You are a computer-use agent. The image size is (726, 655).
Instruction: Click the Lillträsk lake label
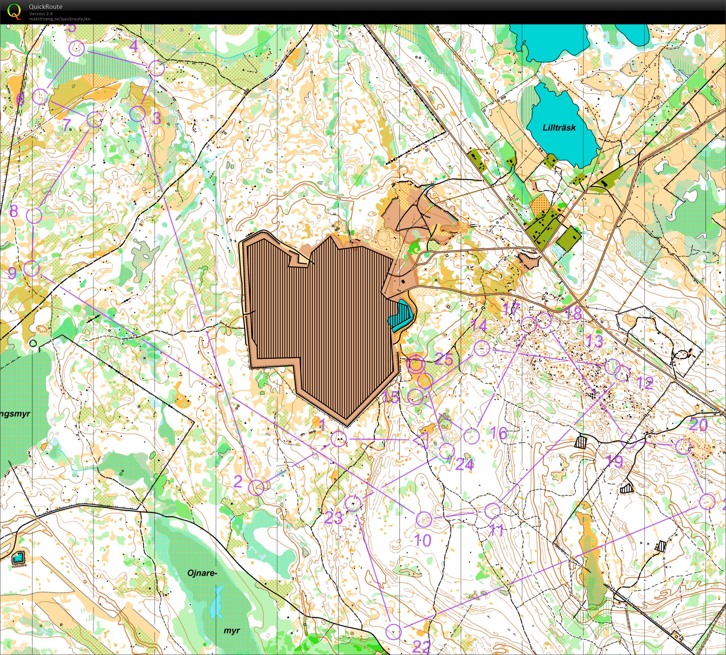[x=559, y=128]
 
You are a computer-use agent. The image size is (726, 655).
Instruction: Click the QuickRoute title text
[x=46, y=7]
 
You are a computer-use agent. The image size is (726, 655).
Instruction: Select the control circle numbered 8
[x=34, y=215]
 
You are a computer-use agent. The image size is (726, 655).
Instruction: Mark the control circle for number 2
[x=256, y=488]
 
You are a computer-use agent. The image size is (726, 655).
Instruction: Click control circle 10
[x=424, y=519]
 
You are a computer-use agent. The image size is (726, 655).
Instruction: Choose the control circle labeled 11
[x=492, y=511]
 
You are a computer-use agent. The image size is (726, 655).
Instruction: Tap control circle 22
[x=393, y=631]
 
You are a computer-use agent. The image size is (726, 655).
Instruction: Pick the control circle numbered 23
[x=353, y=503]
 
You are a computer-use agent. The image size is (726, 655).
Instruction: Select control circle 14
[x=482, y=349]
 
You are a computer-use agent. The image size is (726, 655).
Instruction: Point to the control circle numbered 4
[x=156, y=69]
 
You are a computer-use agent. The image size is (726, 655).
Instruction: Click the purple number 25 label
[x=444, y=359]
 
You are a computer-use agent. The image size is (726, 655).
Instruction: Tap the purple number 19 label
[x=614, y=461]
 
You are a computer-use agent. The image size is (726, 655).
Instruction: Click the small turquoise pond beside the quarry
[x=401, y=315]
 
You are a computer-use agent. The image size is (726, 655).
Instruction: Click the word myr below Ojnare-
[x=232, y=631]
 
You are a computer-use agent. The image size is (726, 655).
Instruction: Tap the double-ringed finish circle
[x=415, y=365]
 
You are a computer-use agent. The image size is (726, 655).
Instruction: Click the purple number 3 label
[x=157, y=119]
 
